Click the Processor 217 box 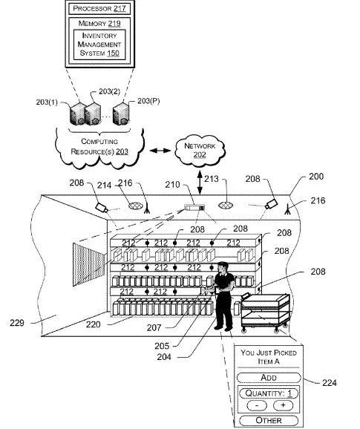(x=99, y=8)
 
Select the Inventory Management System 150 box (x=99, y=45)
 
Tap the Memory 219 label (x=99, y=24)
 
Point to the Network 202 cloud (x=200, y=151)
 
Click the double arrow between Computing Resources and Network (x=160, y=151)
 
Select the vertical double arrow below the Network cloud (x=200, y=183)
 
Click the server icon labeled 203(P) (x=121, y=114)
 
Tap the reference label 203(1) (x=47, y=102)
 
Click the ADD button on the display (x=269, y=378)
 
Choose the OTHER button (x=269, y=420)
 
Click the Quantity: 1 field (x=269, y=393)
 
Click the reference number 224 (x=329, y=382)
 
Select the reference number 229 (x=17, y=323)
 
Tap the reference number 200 (x=316, y=177)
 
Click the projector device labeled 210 (x=194, y=207)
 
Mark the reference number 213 (x=212, y=179)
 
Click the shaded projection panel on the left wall (x=88, y=264)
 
